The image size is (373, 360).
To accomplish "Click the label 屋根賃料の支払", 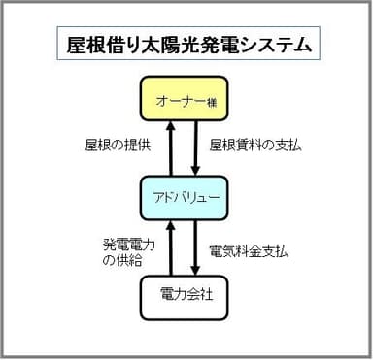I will [255, 147].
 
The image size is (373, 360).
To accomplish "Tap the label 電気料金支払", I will [249, 250].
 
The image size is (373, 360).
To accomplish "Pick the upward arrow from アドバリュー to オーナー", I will [171, 150].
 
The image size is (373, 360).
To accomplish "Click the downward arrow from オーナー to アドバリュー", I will [197, 150].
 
